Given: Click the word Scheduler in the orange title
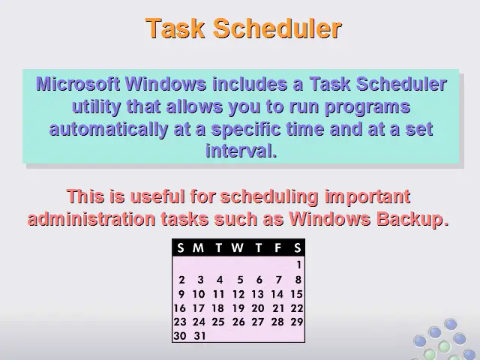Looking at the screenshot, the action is [277, 28].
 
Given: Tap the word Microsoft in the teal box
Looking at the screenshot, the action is [78, 83].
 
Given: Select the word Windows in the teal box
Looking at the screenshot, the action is [166, 83].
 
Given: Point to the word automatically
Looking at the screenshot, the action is [108, 129].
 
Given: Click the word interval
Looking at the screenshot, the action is [241, 151].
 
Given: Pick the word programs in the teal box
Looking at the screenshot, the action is [367, 107].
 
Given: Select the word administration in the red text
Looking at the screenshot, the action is [91, 219].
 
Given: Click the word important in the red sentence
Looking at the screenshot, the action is [367, 196].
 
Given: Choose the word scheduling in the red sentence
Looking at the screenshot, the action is [269, 196].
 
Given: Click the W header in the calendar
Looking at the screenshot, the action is [237, 247].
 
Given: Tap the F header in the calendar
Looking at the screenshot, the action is [278, 247].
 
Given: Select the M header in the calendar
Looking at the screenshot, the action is [198, 247].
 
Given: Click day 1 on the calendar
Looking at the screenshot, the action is [298, 265].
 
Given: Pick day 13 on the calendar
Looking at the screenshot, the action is [258, 294].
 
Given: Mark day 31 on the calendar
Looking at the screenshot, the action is [199, 336].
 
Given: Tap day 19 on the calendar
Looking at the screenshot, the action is [238, 308].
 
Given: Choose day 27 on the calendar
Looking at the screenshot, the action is [258, 322].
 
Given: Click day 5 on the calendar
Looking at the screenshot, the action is [240, 280].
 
